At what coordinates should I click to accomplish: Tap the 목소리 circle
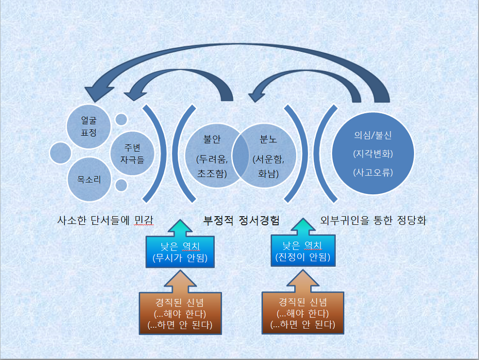pyautogui.click(x=89, y=179)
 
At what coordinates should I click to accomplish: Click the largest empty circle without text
pyautogui.click(x=60, y=153)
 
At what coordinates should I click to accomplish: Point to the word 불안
pyautogui.click(x=212, y=139)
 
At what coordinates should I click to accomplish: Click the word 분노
pyautogui.click(x=268, y=139)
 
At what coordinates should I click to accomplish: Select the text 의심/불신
pyautogui.click(x=373, y=136)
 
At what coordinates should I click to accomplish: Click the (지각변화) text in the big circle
pyautogui.click(x=373, y=154)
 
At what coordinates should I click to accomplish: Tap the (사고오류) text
pyautogui.click(x=373, y=172)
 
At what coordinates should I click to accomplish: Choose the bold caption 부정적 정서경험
pyautogui.click(x=241, y=220)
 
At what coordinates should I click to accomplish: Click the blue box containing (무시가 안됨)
pyautogui.click(x=180, y=251)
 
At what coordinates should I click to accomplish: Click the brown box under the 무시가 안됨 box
pyautogui.click(x=180, y=313)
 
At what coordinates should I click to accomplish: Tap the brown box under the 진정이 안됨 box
pyautogui.click(x=303, y=313)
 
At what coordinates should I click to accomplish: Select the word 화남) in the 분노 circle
pyautogui.click(x=268, y=174)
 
